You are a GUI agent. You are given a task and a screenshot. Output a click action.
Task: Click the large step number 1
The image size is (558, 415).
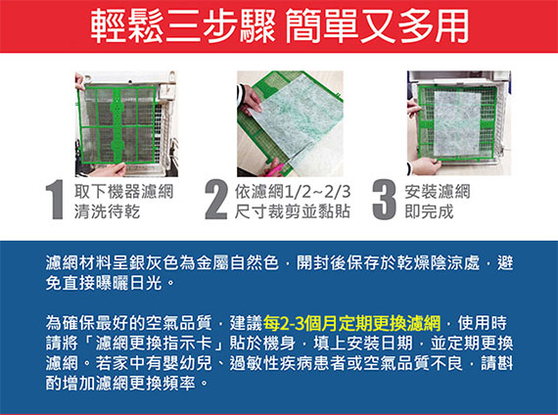tap(56, 200)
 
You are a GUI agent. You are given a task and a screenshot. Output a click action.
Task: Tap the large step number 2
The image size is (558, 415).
tap(216, 200)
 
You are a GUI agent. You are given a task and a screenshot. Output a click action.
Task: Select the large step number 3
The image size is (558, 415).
tap(385, 200)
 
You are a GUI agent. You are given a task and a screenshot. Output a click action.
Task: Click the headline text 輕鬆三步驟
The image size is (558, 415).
tap(182, 26)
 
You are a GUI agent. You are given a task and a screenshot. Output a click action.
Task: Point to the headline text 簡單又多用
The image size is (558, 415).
tap(377, 26)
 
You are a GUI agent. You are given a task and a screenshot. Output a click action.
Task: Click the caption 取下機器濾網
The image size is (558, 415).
tap(124, 192)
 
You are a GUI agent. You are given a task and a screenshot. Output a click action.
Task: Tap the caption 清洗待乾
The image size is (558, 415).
tap(107, 211)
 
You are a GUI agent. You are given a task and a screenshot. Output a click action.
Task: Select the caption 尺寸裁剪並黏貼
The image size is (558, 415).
tap(293, 211)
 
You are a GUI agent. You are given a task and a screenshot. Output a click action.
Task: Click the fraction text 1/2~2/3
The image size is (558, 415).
tap(318, 192)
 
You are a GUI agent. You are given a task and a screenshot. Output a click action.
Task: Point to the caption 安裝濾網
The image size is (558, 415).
tap(438, 192)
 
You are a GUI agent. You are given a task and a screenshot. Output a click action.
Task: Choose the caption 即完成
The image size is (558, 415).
tap(429, 211)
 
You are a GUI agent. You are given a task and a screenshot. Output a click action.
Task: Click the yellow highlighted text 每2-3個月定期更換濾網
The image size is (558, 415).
tap(351, 323)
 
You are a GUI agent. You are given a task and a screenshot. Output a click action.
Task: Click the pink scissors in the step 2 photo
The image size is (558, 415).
tap(274, 168)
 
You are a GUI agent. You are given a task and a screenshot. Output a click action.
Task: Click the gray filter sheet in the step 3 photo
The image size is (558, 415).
tap(457, 122)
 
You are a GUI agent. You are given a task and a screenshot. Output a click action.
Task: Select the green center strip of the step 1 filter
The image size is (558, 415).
tap(117, 124)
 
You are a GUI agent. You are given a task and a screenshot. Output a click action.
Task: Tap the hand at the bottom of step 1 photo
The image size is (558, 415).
tap(107, 169)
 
